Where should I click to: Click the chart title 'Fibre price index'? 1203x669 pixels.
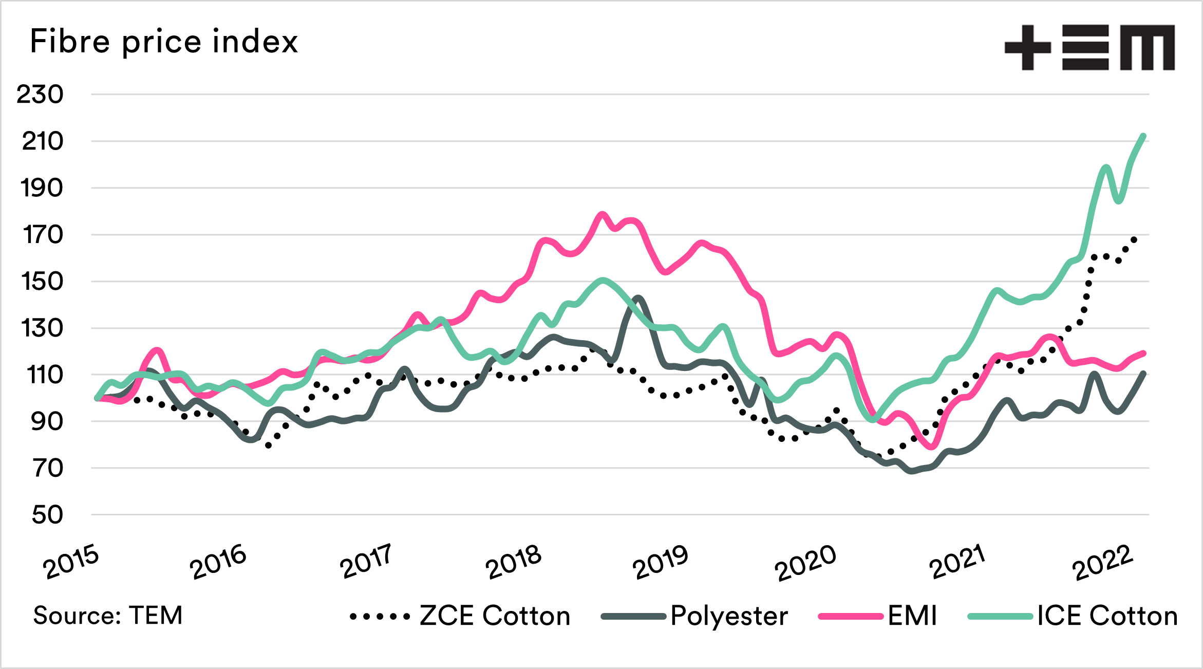point(164,42)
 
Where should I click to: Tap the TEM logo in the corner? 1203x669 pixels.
point(1089,47)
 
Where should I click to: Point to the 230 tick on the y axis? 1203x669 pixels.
point(40,95)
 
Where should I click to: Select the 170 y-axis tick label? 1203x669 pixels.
point(43,235)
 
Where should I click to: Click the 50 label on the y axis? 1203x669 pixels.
point(47,515)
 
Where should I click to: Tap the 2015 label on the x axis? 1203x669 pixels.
point(71,563)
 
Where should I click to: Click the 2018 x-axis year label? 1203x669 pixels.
point(513,563)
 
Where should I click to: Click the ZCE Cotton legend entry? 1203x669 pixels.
point(460,616)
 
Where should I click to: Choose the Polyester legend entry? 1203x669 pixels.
point(694,616)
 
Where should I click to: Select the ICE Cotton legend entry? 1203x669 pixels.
point(1073,616)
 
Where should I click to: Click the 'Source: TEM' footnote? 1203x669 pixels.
point(108,616)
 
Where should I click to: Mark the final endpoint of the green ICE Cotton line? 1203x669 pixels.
point(1143,136)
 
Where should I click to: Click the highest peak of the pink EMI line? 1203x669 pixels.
point(603,214)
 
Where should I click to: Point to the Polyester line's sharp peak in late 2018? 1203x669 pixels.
point(638,298)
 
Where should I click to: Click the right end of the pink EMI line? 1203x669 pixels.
point(1144,353)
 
